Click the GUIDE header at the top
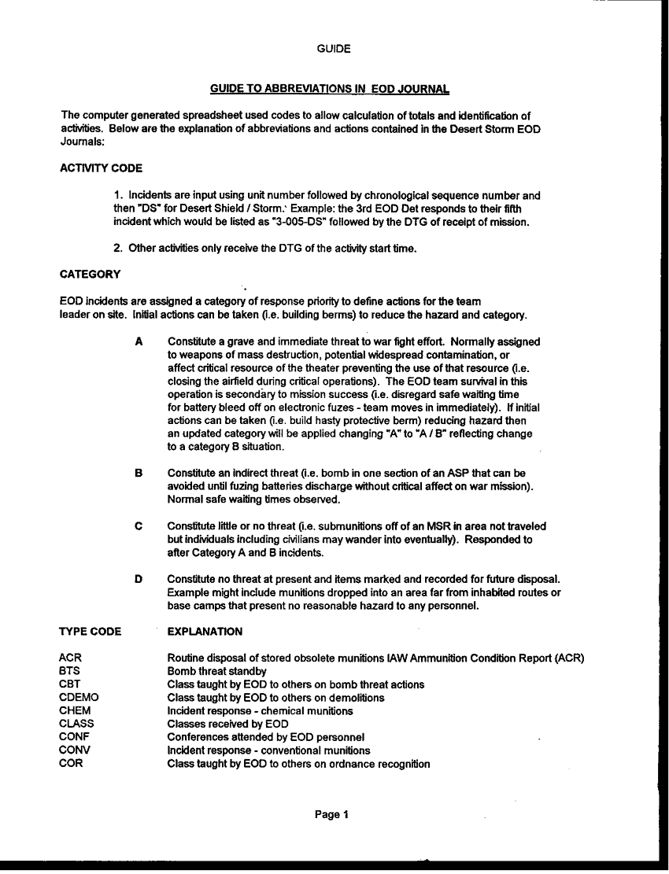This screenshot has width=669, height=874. pyautogui.click(x=334, y=49)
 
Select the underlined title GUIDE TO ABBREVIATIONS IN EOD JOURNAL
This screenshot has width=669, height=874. pyautogui.click(x=330, y=89)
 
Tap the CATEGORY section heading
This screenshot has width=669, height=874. pyautogui.click(x=91, y=275)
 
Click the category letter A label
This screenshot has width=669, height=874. pyautogui.click(x=139, y=342)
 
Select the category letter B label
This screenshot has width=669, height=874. pyautogui.click(x=139, y=474)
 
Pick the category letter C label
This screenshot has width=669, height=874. pyautogui.click(x=139, y=526)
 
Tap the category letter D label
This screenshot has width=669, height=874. pyautogui.click(x=139, y=580)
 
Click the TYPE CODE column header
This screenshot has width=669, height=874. pyautogui.click(x=90, y=632)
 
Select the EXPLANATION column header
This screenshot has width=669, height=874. pyautogui.click(x=205, y=632)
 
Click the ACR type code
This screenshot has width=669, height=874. pyautogui.click(x=70, y=658)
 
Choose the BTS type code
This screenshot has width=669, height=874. pyautogui.click(x=70, y=671)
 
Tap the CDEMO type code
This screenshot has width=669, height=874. pyautogui.click(x=79, y=698)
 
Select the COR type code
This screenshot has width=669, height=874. pyautogui.click(x=71, y=764)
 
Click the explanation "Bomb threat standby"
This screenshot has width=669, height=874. pyautogui.click(x=216, y=671)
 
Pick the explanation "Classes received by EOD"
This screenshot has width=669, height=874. pyautogui.click(x=227, y=725)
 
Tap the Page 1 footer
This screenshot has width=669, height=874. pyautogui.click(x=331, y=815)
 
